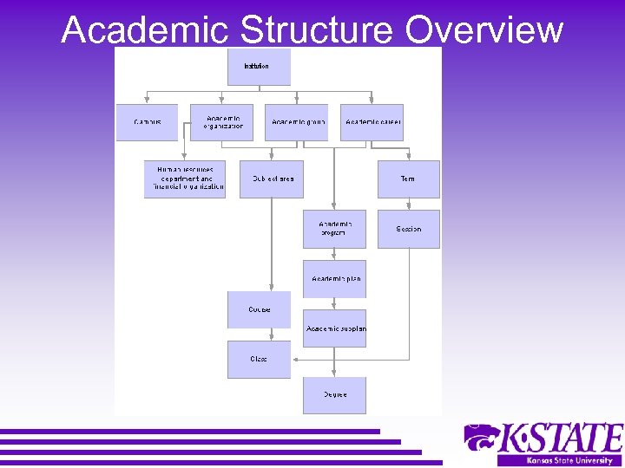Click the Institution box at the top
tap(259, 67)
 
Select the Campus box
tap(147, 122)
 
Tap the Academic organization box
tap(222, 122)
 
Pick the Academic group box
tap(297, 122)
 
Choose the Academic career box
tap(372, 122)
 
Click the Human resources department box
tap(185, 179)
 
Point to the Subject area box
tap(272, 179)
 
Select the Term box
tap(408, 179)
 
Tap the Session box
tap(408, 229)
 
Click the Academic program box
tap(334, 229)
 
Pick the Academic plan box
tap(334, 279)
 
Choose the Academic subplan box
tap(334, 328)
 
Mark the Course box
tap(259, 309)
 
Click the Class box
tap(259, 359)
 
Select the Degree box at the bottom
tap(334, 395)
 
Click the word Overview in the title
tap(484, 29)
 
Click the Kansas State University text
tap(560, 460)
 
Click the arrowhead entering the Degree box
tap(334, 374)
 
